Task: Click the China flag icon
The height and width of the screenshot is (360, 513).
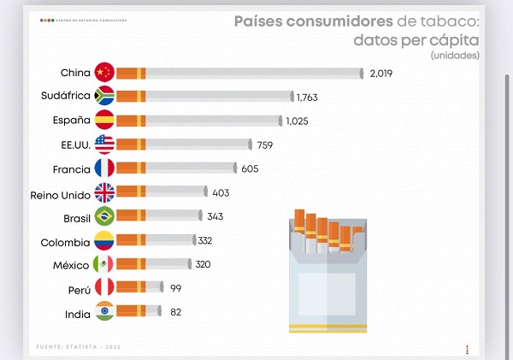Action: tap(104, 73)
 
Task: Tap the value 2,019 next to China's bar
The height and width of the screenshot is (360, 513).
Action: tap(380, 73)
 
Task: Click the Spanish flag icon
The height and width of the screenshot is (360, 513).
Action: tap(104, 121)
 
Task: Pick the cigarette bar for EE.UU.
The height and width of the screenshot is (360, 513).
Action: tap(183, 145)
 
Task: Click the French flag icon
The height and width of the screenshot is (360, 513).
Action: tap(104, 168)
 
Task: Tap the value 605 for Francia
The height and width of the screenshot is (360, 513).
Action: tap(250, 168)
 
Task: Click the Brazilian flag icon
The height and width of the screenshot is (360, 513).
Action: tap(104, 216)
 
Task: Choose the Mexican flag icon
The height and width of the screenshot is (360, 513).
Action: tap(104, 265)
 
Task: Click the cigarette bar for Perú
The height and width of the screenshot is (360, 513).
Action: tap(139, 289)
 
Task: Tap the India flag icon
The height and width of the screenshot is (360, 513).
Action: tap(104, 314)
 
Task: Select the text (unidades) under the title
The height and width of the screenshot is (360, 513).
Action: tap(455, 56)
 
